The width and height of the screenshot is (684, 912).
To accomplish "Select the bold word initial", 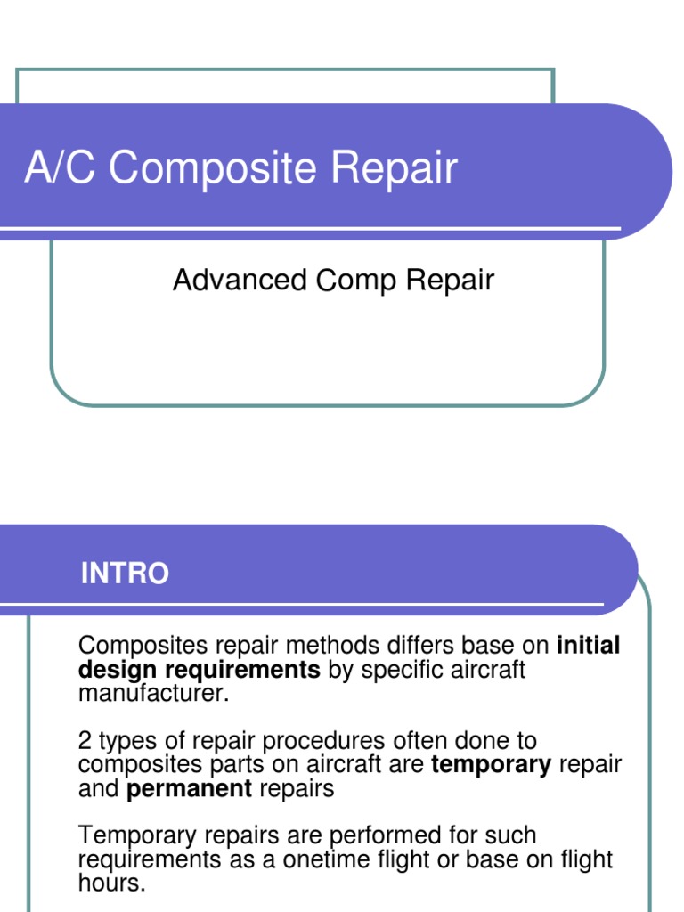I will [x=588, y=646].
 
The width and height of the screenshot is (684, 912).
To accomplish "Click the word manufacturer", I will [x=153, y=693].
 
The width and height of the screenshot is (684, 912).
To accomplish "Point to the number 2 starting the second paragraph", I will [x=85, y=741].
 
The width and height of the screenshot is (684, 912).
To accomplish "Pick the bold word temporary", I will [x=491, y=765].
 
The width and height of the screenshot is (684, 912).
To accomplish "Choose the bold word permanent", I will [x=190, y=789].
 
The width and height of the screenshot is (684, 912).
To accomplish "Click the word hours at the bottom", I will [x=110, y=883].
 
